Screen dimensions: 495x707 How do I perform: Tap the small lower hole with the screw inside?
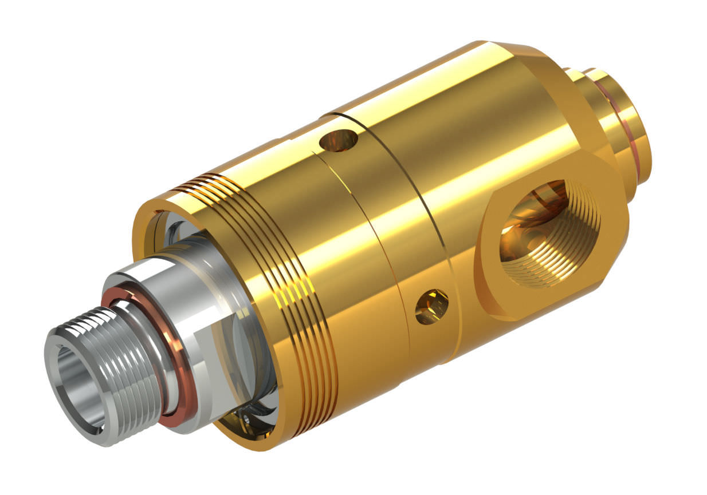tap(431, 307)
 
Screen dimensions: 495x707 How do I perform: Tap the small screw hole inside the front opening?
tap(246, 421)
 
